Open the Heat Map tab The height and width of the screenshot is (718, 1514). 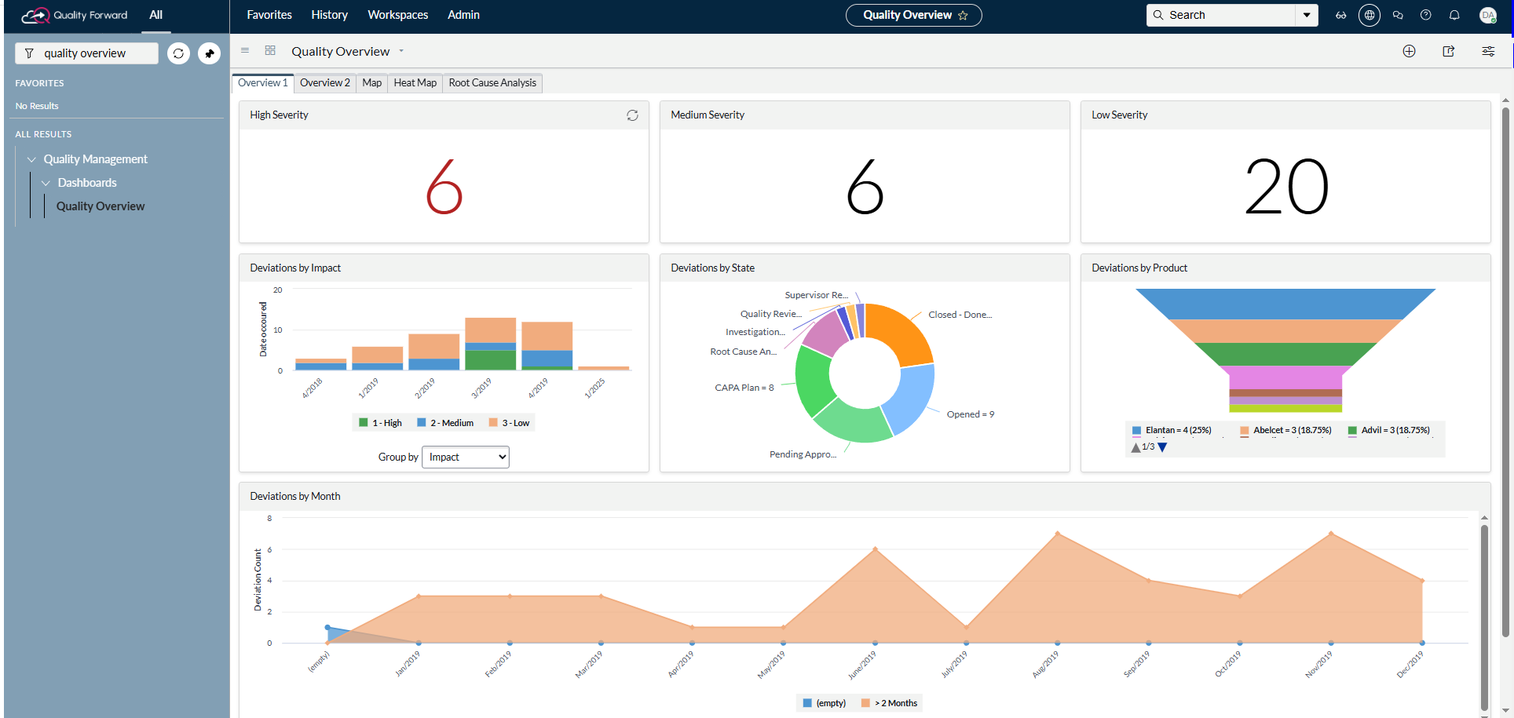coord(415,83)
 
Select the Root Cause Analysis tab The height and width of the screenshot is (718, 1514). coord(492,83)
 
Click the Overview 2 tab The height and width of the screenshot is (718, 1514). coord(324,83)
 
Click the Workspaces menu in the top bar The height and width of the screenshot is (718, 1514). coord(398,15)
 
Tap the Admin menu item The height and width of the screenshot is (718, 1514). coord(463,15)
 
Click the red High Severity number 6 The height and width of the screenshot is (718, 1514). coord(444,187)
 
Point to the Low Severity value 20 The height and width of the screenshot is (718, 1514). coord(1286,187)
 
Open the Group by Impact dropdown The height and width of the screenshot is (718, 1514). coord(466,457)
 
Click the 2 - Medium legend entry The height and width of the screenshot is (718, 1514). coord(445,423)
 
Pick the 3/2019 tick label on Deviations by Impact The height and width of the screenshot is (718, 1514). coord(481,387)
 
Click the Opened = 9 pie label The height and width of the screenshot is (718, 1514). coord(971,414)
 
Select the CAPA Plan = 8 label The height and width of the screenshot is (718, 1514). coord(744,388)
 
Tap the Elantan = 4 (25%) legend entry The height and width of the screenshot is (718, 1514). coord(1172,430)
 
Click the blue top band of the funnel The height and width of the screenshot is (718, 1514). coord(1285,304)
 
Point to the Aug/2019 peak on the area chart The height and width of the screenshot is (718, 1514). coord(1058,534)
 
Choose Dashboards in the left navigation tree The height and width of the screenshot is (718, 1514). coord(87,183)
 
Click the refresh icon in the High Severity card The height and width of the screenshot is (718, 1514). coord(632,115)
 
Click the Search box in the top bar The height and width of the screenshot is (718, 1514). coord(1221,15)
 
